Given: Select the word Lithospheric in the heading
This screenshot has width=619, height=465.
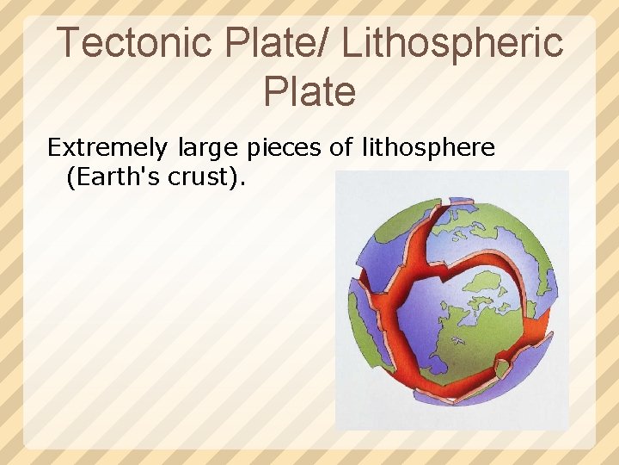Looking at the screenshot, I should (x=452, y=42).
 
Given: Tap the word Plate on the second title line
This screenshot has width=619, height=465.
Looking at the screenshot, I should (x=309, y=91).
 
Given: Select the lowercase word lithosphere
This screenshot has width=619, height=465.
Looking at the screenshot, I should (x=426, y=148).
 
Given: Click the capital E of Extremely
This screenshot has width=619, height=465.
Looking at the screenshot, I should (x=53, y=148).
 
